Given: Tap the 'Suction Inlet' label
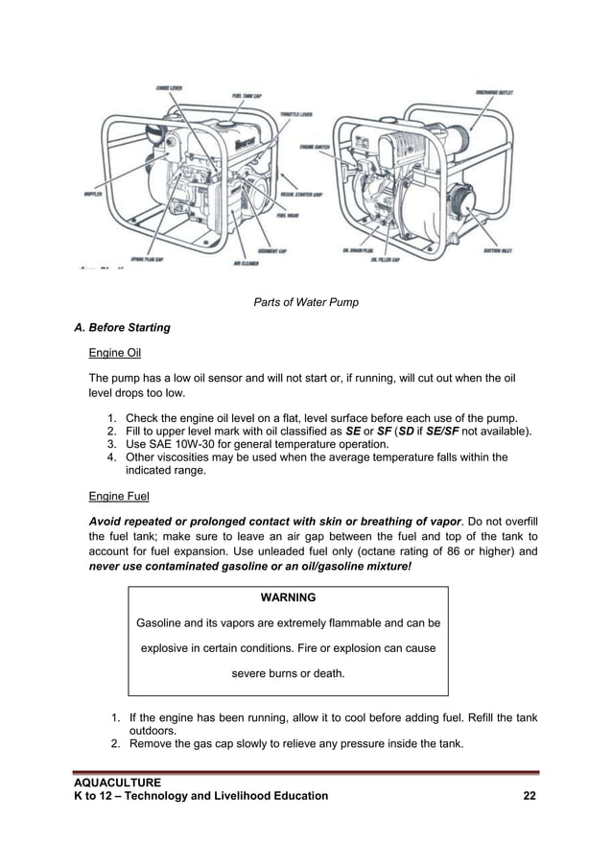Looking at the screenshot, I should point(500,250).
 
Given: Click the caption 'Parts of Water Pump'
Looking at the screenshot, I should point(305,303).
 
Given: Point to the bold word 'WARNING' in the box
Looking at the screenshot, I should point(288,597).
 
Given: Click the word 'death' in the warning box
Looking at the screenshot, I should point(325,673).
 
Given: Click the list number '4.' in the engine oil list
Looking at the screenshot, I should point(111,457).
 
